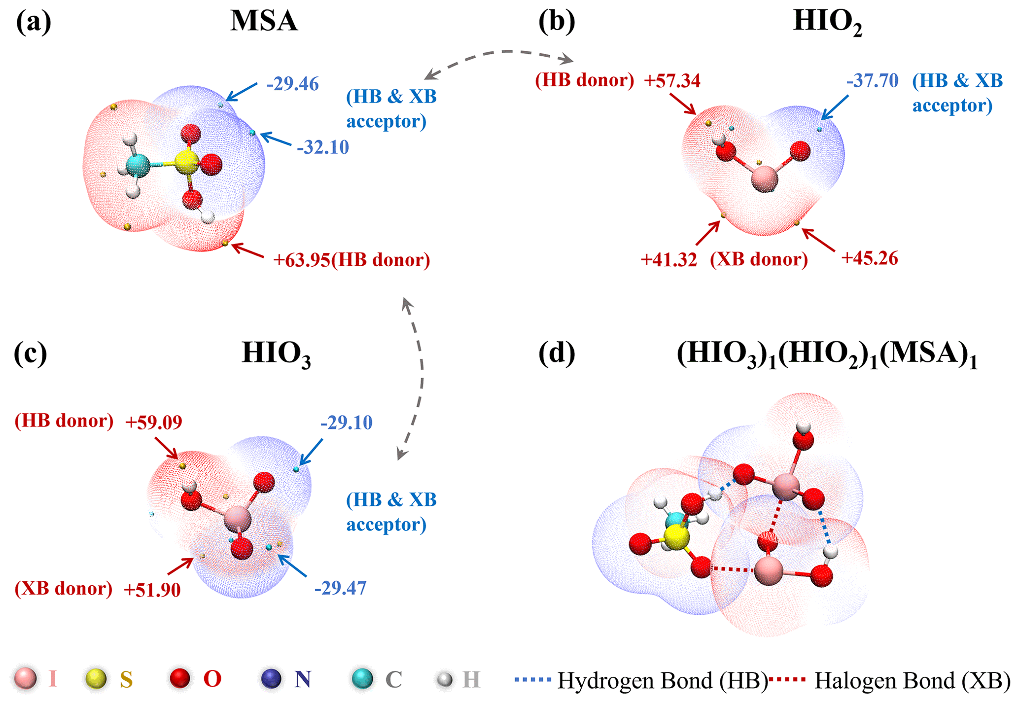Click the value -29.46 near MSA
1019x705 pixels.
292,84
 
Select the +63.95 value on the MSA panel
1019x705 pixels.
301,260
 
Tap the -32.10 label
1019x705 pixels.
322,147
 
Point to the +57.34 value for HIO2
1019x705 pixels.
672,80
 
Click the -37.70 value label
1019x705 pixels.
872,80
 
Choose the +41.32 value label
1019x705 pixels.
668,259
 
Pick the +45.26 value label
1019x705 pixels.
870,258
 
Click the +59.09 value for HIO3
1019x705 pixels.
153,422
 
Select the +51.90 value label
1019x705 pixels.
152,590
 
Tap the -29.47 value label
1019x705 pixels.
340,588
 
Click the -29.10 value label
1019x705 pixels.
346,423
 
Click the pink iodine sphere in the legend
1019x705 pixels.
25,679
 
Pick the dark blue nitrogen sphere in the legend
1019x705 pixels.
271,679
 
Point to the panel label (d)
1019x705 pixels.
556,353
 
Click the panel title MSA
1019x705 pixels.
264,22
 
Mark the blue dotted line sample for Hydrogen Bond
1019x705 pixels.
532,680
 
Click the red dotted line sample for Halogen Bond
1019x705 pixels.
788,680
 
